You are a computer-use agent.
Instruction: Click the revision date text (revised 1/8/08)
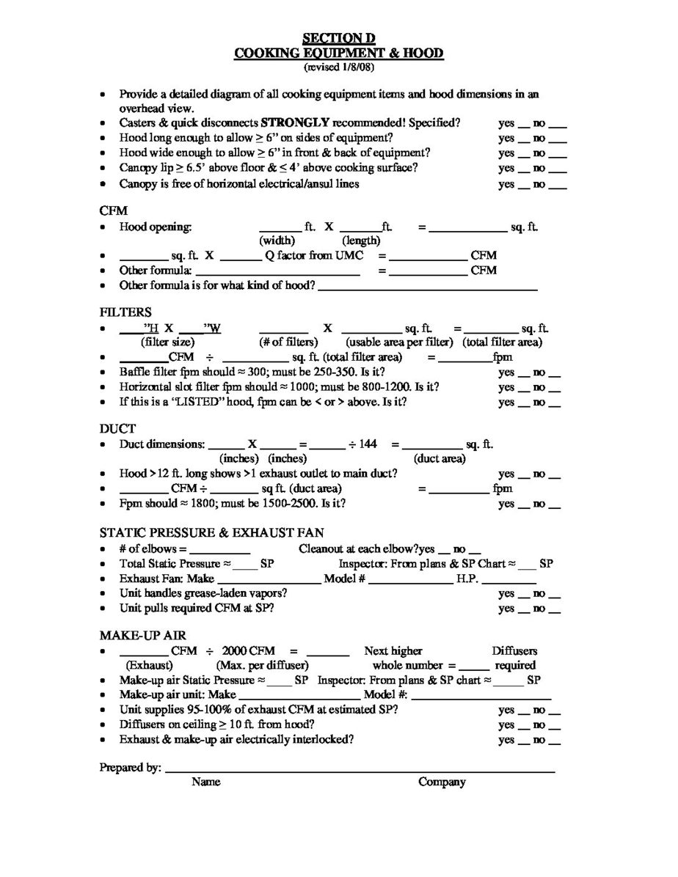coord(338,67)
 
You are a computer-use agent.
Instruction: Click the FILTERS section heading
coord(125,312)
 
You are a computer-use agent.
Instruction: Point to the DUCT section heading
coord(117,428)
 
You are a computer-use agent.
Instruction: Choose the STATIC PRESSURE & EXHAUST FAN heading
coord(211,532)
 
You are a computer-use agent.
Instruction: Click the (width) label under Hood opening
coord(277,241)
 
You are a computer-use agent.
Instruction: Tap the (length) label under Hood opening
coord(361,241)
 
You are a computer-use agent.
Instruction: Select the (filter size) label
coord(167,342)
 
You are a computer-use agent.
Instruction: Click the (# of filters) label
coord(288,342)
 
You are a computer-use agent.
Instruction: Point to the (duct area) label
coord(440,459)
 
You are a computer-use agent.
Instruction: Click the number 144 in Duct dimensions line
coord(368,444)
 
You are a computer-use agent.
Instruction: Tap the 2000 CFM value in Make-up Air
coord(249,650)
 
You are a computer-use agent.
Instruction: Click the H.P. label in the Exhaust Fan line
coord(467,579)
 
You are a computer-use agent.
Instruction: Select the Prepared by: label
coord(130,768)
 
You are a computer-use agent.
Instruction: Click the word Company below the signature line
coord(442,782)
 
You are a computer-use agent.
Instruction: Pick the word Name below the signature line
coord(206,782)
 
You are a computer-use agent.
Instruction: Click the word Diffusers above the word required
coord(514,650)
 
